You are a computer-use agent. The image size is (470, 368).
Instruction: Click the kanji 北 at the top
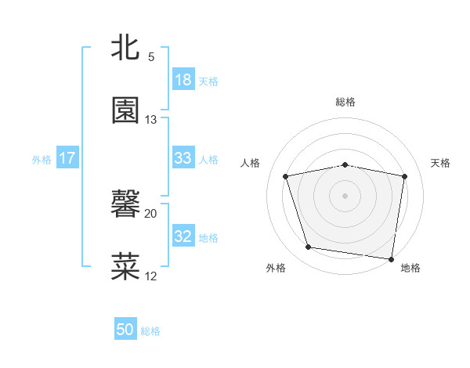pyautogui.click(x=125, y=49)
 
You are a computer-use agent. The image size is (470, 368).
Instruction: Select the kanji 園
pyautogui.click(x=125, y=110)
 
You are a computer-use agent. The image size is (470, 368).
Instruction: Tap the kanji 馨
pyautogui.click(x=125, y=205)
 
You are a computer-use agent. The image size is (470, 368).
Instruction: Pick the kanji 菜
pyautogui.click(x=125, y=266)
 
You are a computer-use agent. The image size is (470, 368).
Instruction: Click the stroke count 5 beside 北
pyautogui.click(x=151, y=57)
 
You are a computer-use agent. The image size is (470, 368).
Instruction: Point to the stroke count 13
pyautogui.click(x=151, y=120)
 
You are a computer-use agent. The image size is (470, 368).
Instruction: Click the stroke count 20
pyautogui.click(x=151, y=214)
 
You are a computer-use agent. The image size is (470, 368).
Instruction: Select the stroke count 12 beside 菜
pyautogui.click(x=151, y=276)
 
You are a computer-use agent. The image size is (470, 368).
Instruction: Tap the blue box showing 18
pyautogui.click(x=183, y=80)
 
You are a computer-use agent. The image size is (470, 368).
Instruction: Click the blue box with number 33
pyautogui.click(x=183, y=158)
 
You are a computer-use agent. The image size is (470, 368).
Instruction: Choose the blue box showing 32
pyautogui.click(x=183, y=236)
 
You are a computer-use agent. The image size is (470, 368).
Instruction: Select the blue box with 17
pyautogui.click(x=67, y=158)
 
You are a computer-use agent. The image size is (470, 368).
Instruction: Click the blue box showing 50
pyautogui.click(x=125, y=330)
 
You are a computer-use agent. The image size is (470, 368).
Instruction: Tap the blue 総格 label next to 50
pyautogui.click(x=150, y=331)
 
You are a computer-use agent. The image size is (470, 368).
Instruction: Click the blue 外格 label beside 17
pyautogui.click(x=42, y=159)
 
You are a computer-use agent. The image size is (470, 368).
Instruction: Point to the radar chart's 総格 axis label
pyautogui.click(x=345, y=102)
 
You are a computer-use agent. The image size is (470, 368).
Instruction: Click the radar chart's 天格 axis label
pyautogui.click(x=440, y=163)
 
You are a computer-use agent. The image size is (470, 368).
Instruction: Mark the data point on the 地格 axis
pyautogui.click(x=392, y=258)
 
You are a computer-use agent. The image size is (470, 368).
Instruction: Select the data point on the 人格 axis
pyautogui.click(x=286, y=176)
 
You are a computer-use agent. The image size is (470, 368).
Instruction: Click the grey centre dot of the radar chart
pyautogui.click(x=345, y=195)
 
